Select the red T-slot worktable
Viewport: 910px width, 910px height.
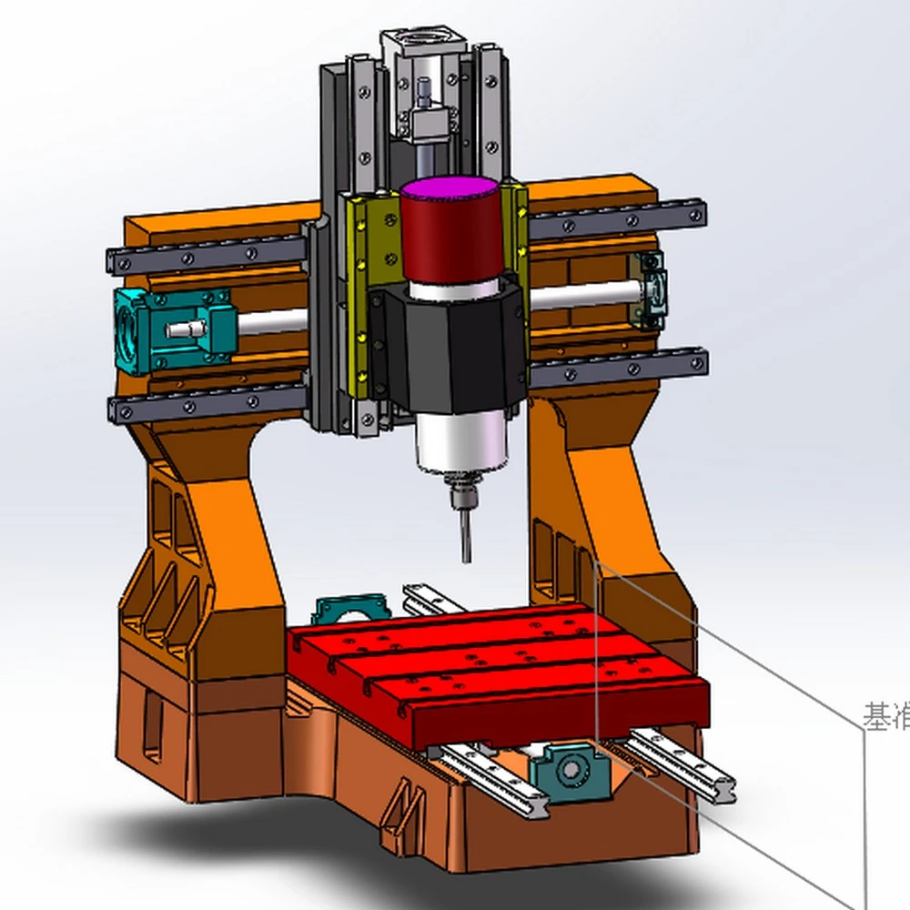tap(500, 673)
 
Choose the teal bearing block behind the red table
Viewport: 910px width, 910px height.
tap(351, 612)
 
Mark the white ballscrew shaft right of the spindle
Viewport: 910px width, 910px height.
tap(582, 295)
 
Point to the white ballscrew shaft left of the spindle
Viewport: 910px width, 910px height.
tap(273, 320)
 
